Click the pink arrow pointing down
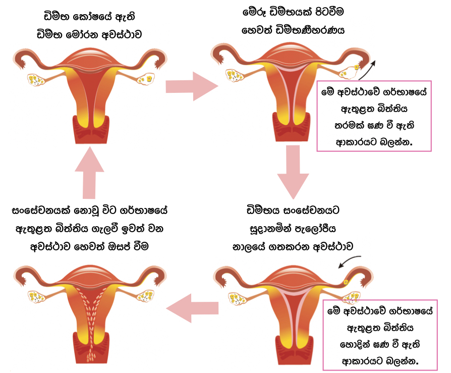(x=293, y=172)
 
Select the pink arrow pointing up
(x=89, y=172)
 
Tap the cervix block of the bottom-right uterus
(x=293, y=346)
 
